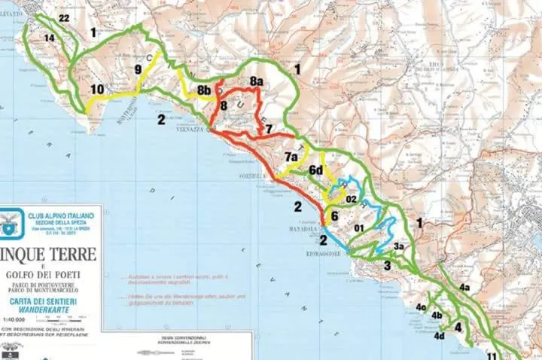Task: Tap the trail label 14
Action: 50,38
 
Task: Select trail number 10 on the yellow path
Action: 97,90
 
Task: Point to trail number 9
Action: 138,69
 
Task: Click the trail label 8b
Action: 203,90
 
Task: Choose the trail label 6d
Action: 316,170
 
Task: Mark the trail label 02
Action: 351,200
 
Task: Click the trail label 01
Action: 359,228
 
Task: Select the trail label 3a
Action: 399,246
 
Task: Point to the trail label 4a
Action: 464,287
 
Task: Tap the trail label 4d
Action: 439,336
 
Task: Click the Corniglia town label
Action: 254,176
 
